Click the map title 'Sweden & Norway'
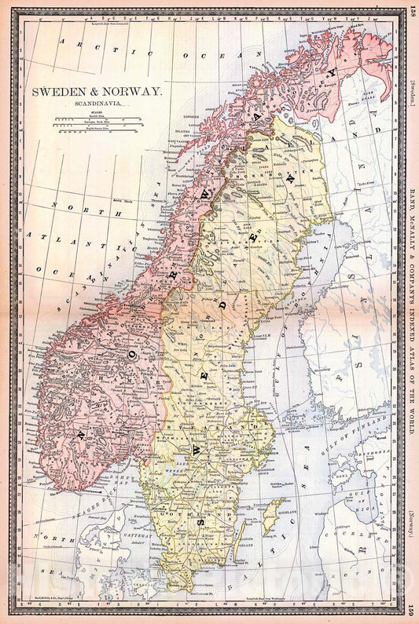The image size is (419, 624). tap(97, 91)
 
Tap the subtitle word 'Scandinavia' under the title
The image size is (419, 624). tap(96, 102)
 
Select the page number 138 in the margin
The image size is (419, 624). tap(412, 15)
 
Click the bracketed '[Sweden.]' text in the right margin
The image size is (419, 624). tap(412, 93)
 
